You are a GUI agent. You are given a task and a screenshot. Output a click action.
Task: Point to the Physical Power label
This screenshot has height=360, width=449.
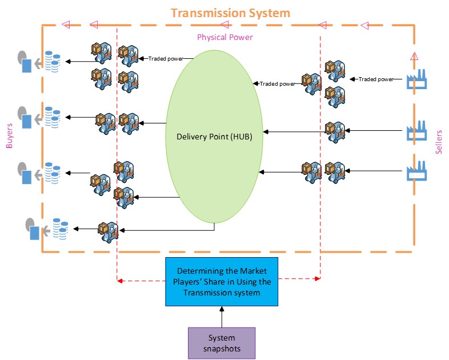224,37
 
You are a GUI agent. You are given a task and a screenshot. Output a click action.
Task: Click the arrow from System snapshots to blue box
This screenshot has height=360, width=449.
221,316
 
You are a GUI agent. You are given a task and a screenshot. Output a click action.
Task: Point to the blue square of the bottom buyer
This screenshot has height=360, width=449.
34,233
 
